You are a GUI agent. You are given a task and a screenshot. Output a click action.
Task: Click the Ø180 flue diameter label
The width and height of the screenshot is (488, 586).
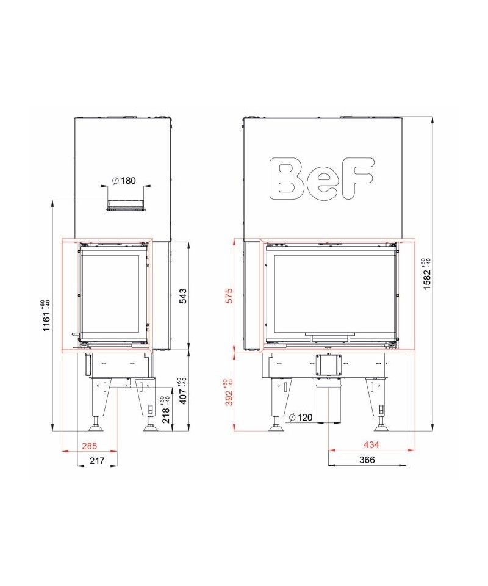(124, 181)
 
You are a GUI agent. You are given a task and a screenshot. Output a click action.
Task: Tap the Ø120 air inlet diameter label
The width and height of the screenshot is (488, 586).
(301, 417)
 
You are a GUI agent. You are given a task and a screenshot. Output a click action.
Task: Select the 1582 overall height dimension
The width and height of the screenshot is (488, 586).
(427, 274)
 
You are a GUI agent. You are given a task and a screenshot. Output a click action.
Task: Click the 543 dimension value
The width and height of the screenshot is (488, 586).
(183, 295)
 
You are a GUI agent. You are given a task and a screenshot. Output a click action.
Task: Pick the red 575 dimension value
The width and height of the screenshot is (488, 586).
(229, 295)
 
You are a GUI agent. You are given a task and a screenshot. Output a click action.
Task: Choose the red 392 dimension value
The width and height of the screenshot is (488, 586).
(229, 392)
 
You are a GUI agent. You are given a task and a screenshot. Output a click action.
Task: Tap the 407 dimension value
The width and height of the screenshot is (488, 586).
(182, 391)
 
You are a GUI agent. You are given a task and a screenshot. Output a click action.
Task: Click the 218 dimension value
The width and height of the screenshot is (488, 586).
(166, 410)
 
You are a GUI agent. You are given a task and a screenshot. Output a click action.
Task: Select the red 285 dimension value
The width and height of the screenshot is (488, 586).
(90, 446)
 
